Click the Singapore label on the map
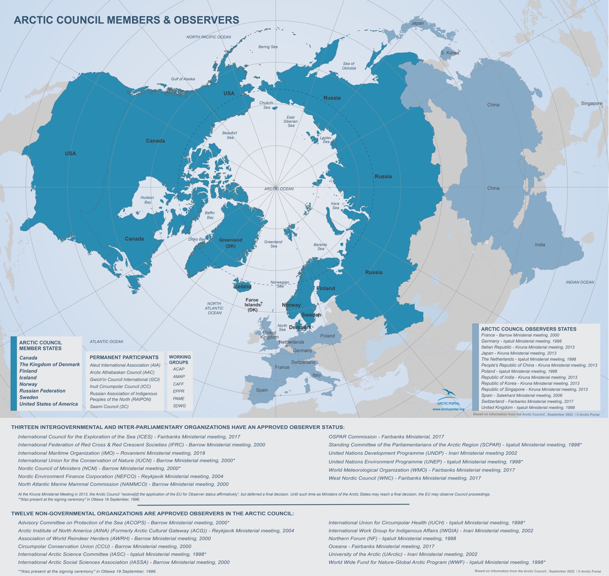(x=591, y=104)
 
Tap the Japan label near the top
(x=417, y=23)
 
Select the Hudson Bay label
(x=147, y=200)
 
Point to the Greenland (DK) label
(x=230, y=243)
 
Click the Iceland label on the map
(x=242, y=287)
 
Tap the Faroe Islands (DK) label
(x=252, y=304)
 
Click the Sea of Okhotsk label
(x=349, y=66)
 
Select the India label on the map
(x=539, y=245)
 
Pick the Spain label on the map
(x=262, y=390)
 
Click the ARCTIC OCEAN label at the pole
(x=279, y=189)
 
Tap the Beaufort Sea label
(x=229, y=135)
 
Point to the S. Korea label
(x=449, y=53)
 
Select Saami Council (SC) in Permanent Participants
(x=109, y=406)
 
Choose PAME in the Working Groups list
(x=179, y=398)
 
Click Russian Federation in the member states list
(x=42, y=391)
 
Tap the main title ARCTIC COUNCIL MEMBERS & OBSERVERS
(x=126, y=20)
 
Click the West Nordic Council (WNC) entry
(x=404, y=478)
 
